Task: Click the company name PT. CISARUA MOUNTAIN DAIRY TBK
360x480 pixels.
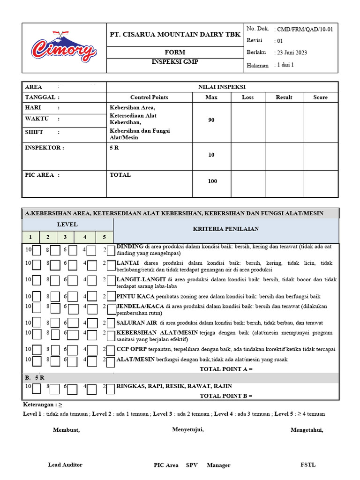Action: (175, 35)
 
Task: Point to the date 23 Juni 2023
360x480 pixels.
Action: (292, 52)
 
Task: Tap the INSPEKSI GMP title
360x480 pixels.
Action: (175, 62)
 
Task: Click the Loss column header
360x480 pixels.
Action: (247, 97)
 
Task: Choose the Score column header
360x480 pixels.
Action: (321, 97)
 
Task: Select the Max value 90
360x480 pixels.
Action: (211, 120)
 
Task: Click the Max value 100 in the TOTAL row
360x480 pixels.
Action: (212, 181)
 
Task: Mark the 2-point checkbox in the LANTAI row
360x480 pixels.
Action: (111, 265)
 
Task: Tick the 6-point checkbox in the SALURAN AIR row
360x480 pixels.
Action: (73, 323)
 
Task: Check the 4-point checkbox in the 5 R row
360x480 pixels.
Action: (92, 389)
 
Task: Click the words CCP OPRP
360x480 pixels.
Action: (131, 349)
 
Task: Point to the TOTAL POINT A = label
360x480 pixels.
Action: (226, 369)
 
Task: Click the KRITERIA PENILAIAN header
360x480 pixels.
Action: (225, 229)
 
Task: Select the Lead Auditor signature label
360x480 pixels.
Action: (65, 465)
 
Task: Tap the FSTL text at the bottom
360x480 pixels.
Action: (308, 465)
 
